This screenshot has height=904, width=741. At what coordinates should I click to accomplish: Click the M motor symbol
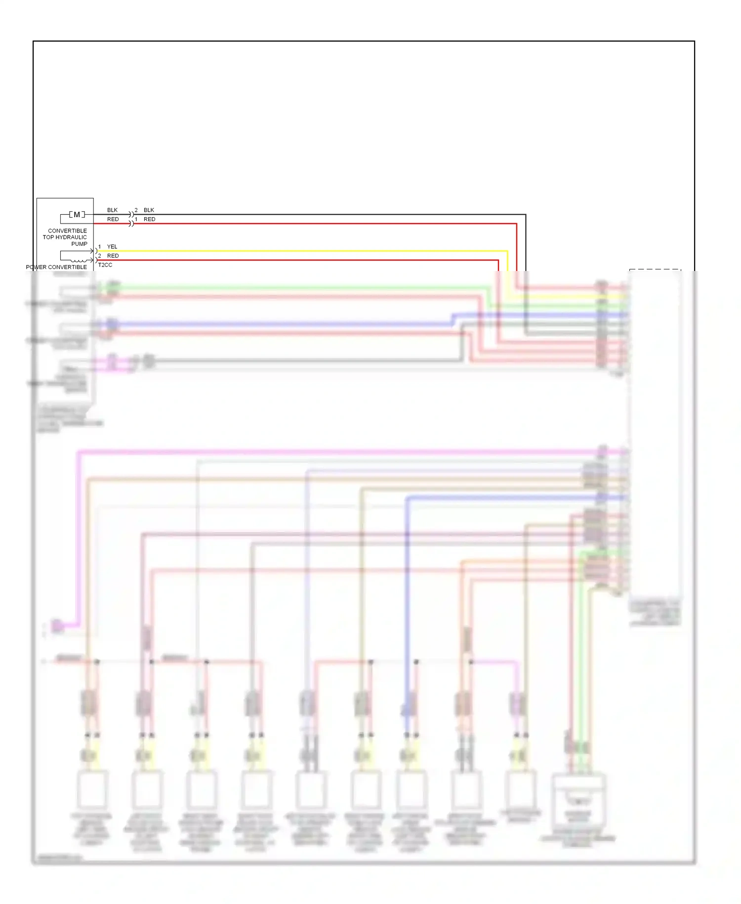pyautogui.click(x=77, y=215)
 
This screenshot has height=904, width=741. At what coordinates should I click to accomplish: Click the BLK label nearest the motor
pyautogui.click(x=113, y=210)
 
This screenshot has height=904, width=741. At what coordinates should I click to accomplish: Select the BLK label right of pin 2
pyautogui.click(x=149, y=210)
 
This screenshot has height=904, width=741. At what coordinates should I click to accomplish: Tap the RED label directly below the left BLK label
pyautogui.click(x=113, y=219)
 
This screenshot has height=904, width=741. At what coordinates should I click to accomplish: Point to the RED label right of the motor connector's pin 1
pyautogui.click(x=149, y=219)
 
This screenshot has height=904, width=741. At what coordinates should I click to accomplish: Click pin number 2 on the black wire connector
pyautogui.click(x=136, y=210)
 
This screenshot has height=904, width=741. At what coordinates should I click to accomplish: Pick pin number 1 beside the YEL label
pyautogui.click(x=100, y=247)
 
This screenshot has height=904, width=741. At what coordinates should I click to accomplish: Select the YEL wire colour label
pyautogui.click(x=112, y=247)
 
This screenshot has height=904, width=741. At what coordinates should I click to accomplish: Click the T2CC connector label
pyautogui.click(x=105, y=265)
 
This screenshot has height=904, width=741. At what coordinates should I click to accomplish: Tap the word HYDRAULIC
pyautogui.click(x=71, y=237)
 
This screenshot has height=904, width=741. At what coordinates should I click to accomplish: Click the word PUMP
pyautogui.click(x=79, y=244)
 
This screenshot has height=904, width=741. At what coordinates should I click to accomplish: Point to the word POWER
pyautogui.click(x=36, y=267)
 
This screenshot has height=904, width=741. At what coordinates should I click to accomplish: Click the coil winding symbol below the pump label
pyautogui.click(x=78, y=260)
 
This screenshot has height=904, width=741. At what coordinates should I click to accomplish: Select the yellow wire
pyautogui.click(x=296, y=251)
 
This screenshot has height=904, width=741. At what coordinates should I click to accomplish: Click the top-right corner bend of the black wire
pyautogui.click(x=525, y=215)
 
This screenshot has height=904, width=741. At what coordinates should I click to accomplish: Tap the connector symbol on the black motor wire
pyautogui.click(x=131, y=215)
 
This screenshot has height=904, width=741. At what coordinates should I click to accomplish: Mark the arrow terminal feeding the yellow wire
pyautogui.click(x=92, y=251)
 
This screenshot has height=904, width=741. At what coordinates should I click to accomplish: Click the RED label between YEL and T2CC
pyautogui.click(x=113, y=256)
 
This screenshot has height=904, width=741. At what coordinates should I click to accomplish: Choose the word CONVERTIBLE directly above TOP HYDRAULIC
pyautogui.click(x=67, y=231)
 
